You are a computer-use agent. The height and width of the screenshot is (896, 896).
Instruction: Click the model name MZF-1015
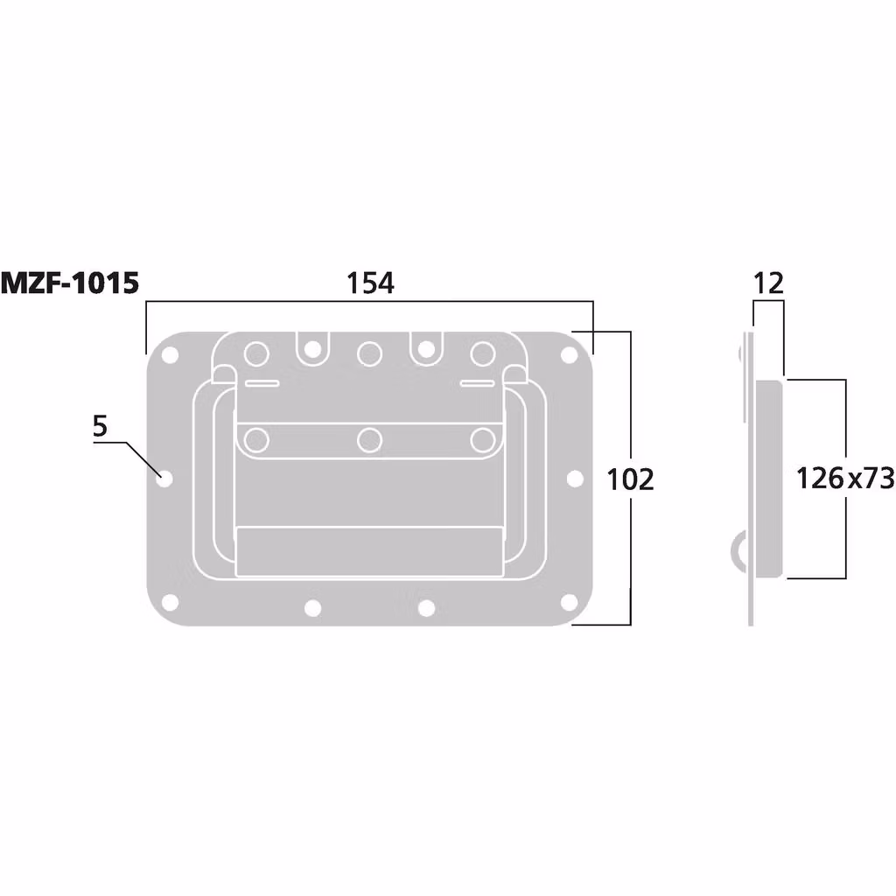69,283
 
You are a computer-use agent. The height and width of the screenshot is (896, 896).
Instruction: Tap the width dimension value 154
370,283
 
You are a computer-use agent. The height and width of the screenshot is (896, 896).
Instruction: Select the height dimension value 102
630,479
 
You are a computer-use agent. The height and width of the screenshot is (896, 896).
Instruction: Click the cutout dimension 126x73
844,478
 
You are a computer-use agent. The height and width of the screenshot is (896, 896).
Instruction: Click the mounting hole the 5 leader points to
164,479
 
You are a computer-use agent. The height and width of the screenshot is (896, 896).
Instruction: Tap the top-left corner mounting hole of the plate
170,355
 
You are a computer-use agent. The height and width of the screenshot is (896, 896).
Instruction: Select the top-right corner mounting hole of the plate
569,355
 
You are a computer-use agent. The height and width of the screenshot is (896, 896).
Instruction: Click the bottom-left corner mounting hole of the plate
170,602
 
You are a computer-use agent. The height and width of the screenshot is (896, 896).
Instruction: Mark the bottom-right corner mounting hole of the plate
569,602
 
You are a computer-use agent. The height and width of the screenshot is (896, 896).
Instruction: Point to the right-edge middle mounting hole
575,479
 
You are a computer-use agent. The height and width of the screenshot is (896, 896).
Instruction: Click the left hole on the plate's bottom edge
312,607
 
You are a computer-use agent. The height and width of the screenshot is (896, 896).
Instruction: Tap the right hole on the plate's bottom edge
426,607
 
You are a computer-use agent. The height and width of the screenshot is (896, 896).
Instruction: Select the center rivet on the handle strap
369,440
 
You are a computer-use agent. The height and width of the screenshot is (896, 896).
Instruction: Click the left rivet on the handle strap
256,440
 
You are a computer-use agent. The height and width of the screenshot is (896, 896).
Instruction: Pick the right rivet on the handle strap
482,440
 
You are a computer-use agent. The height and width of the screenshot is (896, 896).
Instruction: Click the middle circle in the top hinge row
369,353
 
